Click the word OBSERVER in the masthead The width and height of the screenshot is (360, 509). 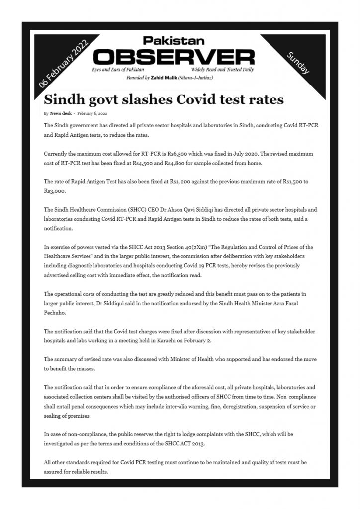[x=174, y=56]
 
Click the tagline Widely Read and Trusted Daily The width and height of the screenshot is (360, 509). [x=230, y=71]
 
